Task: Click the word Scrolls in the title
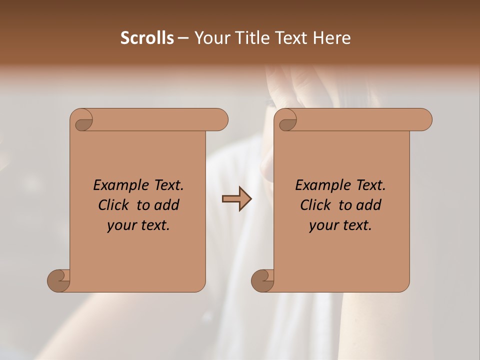pyautogui.click(x=147, y=38)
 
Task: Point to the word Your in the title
pyautogui.click(x=210, y=38)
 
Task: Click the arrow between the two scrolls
pyautogui.click(x=236, y=199)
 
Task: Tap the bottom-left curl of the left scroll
pyautogui.click(x=58, y=280)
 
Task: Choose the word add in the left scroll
pyautogui.click(x=167, y=205)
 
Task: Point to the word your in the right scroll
pyautogui.click(x=322, y=225)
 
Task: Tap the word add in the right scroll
pyautogui.click(x=369, y=205)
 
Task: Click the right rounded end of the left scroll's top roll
pyautogui.click(x=220, y=119)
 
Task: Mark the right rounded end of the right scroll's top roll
pyautogui.click(x=424, y=119)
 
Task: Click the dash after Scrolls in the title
pyautogui.click(x=183, y=38)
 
